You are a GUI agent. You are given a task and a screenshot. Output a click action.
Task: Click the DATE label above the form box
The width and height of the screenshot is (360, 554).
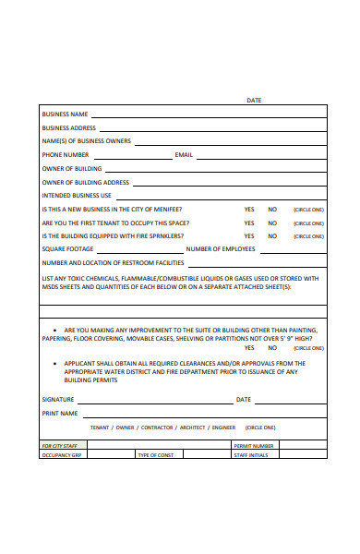[x=254, y=100]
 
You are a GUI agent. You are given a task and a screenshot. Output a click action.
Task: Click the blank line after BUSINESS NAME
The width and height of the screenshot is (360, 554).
[x=208, y=116]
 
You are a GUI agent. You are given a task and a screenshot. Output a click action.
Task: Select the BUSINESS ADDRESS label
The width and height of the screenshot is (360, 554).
[x=69, y=128]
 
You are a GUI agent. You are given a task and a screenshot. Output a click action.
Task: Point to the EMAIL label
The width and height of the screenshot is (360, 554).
[x=184, y=155]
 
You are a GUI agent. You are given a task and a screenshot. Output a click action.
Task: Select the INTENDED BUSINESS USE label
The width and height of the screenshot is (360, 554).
[x=77, y=196]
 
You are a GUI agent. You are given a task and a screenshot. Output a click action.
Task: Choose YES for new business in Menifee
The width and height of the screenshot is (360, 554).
[x=249, y=210]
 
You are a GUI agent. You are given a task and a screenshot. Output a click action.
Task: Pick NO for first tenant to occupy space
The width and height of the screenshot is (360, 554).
[x=272, y=223]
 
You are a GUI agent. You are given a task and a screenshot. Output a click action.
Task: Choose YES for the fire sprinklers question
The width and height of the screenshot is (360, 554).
[x=249, y=235]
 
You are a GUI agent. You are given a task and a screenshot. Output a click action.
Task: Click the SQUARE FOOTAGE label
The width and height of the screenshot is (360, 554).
[x=67, y=249]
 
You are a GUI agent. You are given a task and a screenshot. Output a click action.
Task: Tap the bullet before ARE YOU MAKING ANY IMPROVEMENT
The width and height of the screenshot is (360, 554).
[x=54, y=330]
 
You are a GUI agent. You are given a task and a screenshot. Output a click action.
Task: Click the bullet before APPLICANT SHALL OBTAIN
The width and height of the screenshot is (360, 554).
[x=54, y=364]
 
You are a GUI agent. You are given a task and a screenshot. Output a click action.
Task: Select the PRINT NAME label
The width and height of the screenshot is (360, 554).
[x=60, y=414]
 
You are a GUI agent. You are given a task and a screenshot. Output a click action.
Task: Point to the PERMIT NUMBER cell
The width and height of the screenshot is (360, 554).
[x=254, y=445]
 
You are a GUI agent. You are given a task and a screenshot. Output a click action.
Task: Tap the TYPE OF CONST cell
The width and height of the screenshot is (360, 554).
[x=156, y=455]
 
